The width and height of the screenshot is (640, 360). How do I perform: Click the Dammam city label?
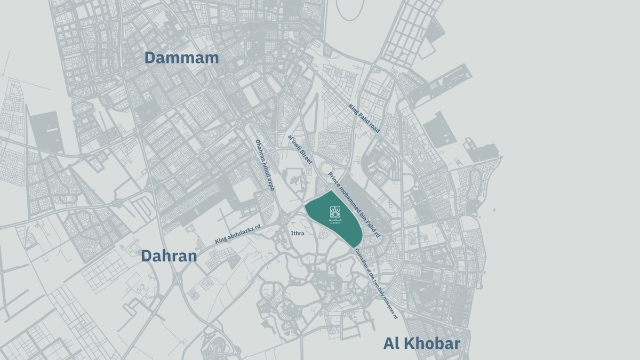[x=182, y=58]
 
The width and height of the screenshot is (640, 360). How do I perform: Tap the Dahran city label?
[x=169, y=256]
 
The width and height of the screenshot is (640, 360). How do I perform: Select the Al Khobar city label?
[x=421, y=343]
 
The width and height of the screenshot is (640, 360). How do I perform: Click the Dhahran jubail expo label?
[x=265, y=165]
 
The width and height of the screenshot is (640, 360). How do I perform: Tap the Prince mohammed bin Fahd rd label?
[x=354, y=205]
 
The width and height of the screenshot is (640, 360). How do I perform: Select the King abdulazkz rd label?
[x=237, y=234]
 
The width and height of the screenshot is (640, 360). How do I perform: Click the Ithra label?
[x=298, y=234]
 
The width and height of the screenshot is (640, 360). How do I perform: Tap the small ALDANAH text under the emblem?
[x=334, y=222]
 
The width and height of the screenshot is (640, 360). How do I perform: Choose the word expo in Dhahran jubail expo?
[x=271, y=184]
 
